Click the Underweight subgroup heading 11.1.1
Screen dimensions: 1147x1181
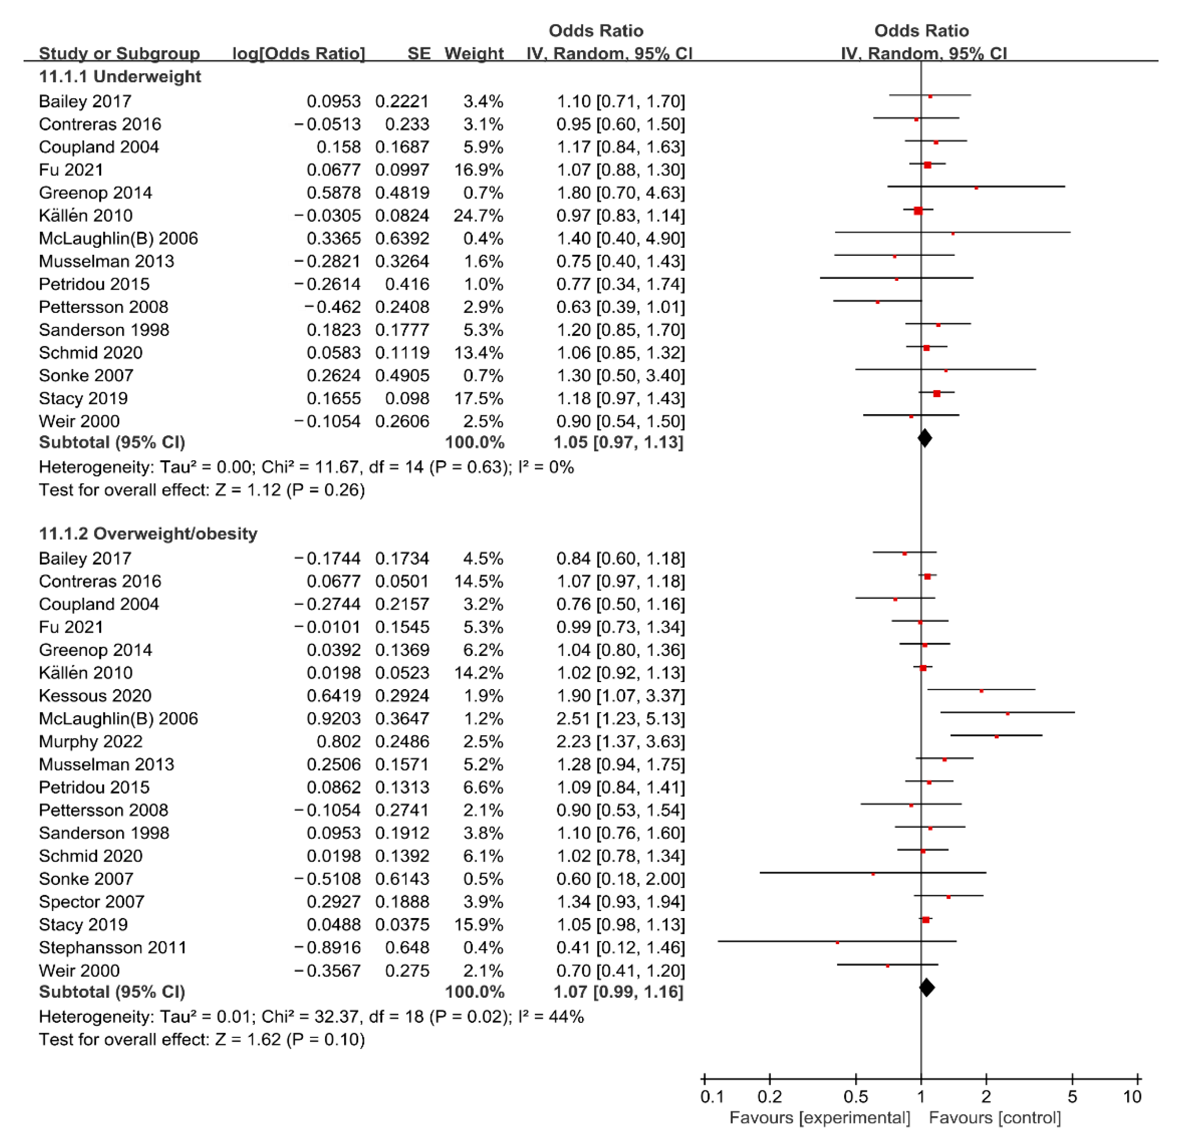pos(120,77)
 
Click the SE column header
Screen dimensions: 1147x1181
pos(419,54)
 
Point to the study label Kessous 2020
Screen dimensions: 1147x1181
pos(95,696)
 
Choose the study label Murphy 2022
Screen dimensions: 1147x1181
pos(91,742)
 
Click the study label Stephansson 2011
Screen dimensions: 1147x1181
pos(113,947)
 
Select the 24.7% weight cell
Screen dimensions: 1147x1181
pos(479,216)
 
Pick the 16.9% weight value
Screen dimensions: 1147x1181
pos(479,170)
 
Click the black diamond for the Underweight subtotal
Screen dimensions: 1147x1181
pos(924,438)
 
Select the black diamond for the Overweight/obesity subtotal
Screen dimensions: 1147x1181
pos(927,987)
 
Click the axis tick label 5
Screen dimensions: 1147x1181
pos(1072,1097)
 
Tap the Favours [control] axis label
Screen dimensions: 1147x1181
pos(994,1118)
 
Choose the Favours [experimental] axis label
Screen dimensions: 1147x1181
pos(819,1118)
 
